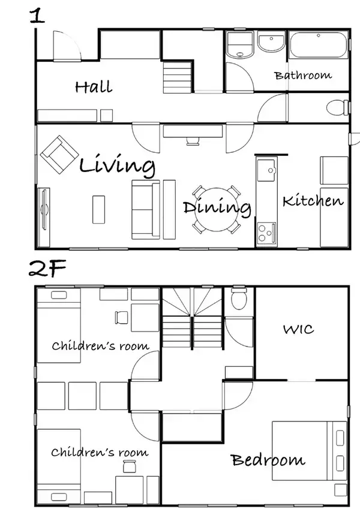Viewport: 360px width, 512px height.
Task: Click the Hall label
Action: point(94,87)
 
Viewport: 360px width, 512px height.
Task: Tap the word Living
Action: point(117,165)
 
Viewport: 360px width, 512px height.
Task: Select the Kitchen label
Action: point(313,200)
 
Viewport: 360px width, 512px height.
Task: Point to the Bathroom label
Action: point(303,76)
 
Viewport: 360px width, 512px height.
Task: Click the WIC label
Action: point(299,329)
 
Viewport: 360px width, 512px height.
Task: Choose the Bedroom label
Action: point(268,460)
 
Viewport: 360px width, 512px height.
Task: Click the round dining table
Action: point(216,209)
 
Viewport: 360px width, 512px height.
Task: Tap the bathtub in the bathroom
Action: point(318,45)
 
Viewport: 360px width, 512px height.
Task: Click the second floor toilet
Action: point(239,298)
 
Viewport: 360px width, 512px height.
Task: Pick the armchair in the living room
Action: point(59,155)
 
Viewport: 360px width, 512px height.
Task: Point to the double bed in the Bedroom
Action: point(309,451)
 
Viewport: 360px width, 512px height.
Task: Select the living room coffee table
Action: point(98,210)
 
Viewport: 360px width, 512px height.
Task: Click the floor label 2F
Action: point(47,268)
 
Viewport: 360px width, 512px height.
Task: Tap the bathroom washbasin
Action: point(271,42)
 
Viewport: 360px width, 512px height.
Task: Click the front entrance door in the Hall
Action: point(67,46)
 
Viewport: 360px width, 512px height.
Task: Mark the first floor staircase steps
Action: point(177,77)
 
